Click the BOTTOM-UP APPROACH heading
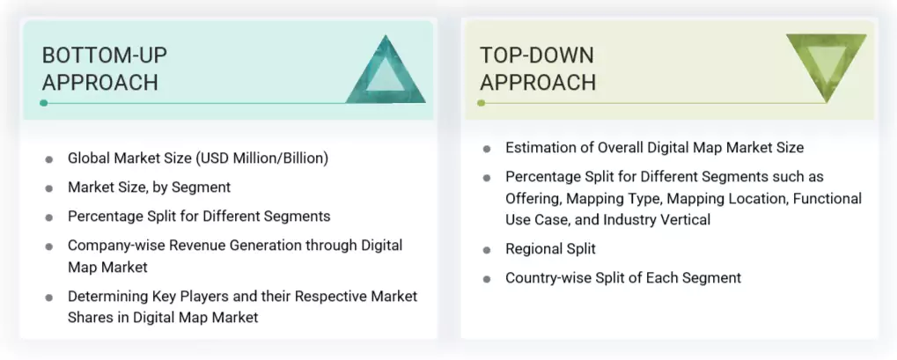[104, 69]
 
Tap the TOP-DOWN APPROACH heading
[537, 69]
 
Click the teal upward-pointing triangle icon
[386, 72]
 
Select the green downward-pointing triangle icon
[826, 66]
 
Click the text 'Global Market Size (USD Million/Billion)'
[197, 158]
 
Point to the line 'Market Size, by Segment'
[149, 187]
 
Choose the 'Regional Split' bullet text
[550, 249]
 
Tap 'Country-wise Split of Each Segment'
[622, 278]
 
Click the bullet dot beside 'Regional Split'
[486, 250]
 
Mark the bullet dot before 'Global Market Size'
[49, 159]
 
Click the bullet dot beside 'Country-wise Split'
[486, 279]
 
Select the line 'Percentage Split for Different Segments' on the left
[199, 216]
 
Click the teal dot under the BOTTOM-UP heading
[44, 103]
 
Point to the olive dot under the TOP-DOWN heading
[482, 103]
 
